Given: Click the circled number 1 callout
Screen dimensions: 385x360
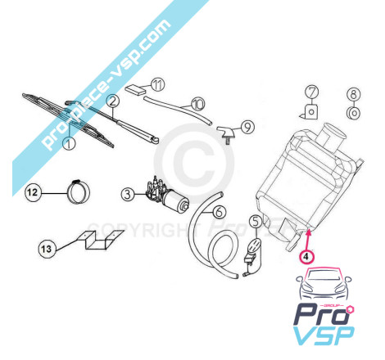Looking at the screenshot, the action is [x=69, y=143].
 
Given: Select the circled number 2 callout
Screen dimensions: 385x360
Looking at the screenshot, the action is [x=113, y=101].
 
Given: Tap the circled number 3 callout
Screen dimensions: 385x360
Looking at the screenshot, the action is [x=128, y=195].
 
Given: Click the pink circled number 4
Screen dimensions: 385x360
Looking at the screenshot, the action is [x=306, y=256].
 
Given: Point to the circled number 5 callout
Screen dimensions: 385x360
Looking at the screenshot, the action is [x=256, y=222].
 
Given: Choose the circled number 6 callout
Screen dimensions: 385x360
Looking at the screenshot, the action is [x=220, y=212].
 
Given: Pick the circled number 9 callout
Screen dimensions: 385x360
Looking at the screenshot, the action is [x=247, y=127].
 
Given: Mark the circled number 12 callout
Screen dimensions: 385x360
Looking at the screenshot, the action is [x=33, y=192].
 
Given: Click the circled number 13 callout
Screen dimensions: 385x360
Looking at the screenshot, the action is [x=46, y=249].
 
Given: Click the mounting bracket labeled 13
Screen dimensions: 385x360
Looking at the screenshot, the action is [x=99, y=241].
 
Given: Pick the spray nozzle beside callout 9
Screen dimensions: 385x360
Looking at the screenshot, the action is [x=227, y=133].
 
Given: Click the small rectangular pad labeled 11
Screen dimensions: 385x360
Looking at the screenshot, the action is [x=135, y=90].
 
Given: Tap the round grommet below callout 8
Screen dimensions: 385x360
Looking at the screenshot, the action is [x=354, y=113].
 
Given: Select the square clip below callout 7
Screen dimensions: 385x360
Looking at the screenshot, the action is [x=310, y=111].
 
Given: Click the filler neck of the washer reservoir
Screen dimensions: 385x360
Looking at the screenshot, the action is [x=331, y=137].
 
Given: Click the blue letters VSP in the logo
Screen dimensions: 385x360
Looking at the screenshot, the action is [x=324, y=335].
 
